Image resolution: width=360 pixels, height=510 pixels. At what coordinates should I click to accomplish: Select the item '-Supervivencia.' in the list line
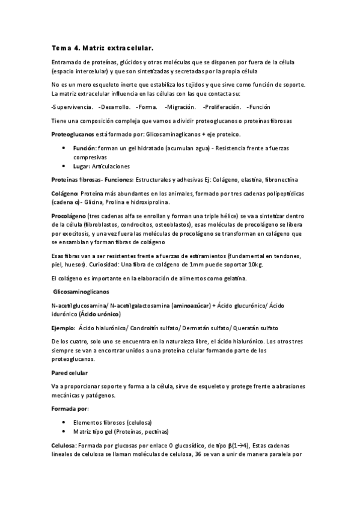pyautogui.click(x=72, y=107)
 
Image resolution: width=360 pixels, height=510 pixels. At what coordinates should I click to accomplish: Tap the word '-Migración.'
pyautogui.click(x=180, y=107)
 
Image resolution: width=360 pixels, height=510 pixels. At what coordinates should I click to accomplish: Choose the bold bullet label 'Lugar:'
pyautogui.click(x=81, y=165)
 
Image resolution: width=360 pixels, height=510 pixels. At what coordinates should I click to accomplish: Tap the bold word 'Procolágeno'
pyautogui.click(x=69, y=215)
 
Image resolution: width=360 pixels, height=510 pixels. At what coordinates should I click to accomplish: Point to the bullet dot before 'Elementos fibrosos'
pyautogui.click(x=64, y=422)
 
